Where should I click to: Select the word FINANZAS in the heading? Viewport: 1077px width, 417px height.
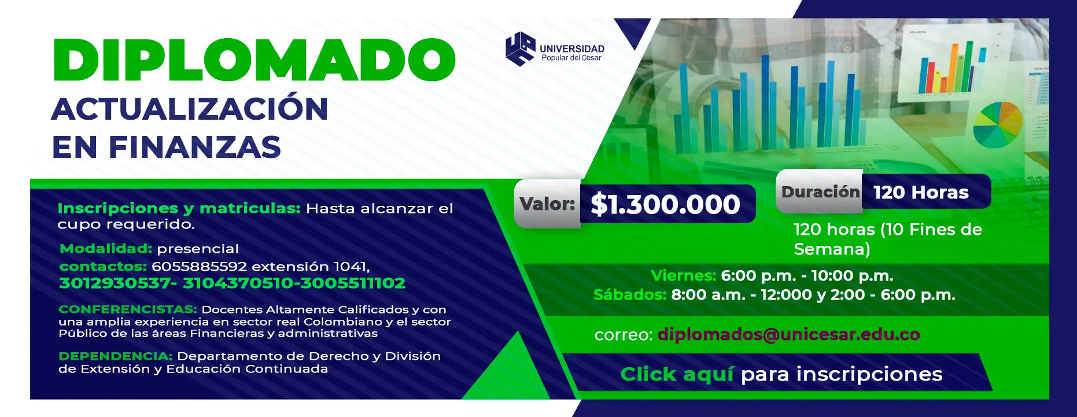click(x=195, y=147)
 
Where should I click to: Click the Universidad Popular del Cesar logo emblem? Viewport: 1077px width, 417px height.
click(x=520, y=49)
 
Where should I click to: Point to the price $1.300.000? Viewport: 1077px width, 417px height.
click(x=665, y=204)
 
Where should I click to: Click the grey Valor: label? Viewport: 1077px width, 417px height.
click(x=547, y=204)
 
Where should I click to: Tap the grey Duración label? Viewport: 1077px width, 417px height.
click(x=820, y=191)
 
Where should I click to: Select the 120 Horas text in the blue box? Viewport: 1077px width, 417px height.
click(x=921, y=192)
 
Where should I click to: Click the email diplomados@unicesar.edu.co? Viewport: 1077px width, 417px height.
click(x=788, y=334)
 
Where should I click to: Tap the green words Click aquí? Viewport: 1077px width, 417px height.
click(x=677, y=374)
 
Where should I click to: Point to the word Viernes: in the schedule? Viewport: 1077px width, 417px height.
click(x=684, y=275)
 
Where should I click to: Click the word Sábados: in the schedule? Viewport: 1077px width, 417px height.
click(x=630, y=294)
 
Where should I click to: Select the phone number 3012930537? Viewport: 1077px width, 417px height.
click(x=115, y=283)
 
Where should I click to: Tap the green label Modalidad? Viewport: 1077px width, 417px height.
click(x=106, y=249)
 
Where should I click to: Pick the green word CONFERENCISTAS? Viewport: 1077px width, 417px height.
click(x=128, y=309)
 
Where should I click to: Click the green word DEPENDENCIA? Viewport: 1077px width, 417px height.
click(x=116, y=356)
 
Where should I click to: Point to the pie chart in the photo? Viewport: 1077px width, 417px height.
click(x=998, y=125)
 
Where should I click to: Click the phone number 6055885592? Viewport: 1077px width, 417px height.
click(x=200, y=267)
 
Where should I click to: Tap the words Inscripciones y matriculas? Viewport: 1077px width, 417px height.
click(x=179, y=208)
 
